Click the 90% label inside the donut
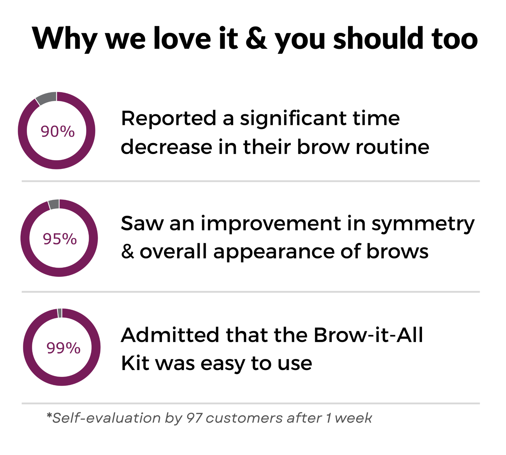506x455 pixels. tap(58, 131)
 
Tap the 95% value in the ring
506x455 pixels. tap(60, 239)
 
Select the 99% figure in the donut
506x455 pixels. tap(63, 348)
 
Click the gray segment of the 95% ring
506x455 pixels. tap(54, 204)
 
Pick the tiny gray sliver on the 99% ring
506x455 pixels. tap(59, 313)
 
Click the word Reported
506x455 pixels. tap(169, 119)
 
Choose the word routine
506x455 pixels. tap(393, 147)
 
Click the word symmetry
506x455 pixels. tap(423, 224)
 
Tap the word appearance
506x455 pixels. tap(274, 252)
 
